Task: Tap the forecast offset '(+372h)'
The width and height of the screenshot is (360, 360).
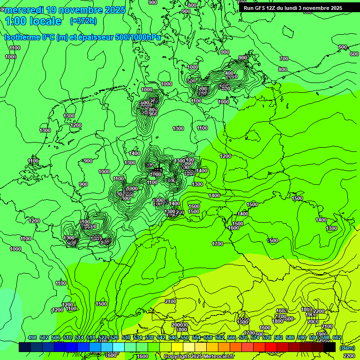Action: click(83, 21)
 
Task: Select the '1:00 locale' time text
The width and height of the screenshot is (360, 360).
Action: click(33, 21)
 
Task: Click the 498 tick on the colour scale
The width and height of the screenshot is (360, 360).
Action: click(32, 338)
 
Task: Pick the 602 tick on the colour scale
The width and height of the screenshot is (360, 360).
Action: click(337, 338)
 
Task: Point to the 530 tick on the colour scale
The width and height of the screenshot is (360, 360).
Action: click(126, 338)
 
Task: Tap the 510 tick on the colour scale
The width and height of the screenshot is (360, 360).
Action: click(67, 338)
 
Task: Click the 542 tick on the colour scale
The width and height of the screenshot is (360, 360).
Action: click(161, 338)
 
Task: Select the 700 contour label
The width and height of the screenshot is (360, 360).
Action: click(284, 59)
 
